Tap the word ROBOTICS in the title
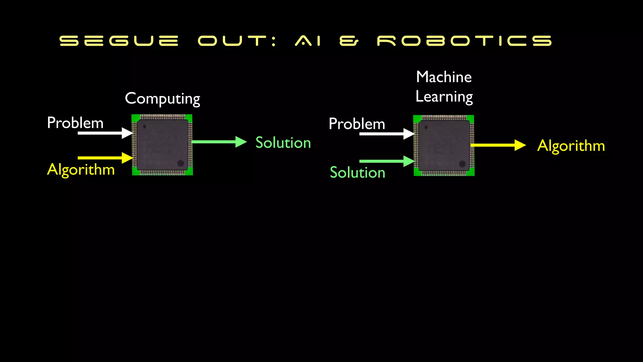464,41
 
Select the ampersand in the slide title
349,41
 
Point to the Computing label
162,99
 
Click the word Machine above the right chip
444,77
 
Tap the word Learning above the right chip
444,97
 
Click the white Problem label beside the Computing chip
75,123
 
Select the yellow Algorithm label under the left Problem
81,170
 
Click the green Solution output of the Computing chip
283,143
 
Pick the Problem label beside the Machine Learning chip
357,124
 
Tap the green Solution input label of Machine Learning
357,173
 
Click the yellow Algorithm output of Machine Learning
571,146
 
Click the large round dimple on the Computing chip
181,163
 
